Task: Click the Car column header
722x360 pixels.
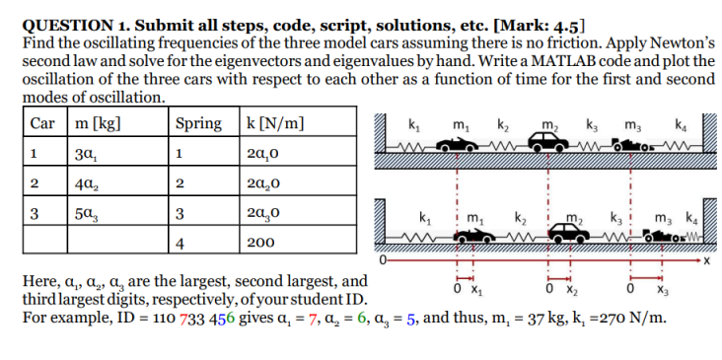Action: [x=40, y=124]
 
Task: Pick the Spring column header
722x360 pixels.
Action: [x=198, y=124]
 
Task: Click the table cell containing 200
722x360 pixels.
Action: [x=260, y=241]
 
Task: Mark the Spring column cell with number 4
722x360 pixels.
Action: [x=179, y=241]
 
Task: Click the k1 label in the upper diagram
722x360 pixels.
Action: [x=412, y=124]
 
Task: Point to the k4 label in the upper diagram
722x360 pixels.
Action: [x=680, y=124]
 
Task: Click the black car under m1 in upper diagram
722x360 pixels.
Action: [x=461, y=144]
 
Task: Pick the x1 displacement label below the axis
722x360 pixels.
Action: [x=471, y=291]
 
